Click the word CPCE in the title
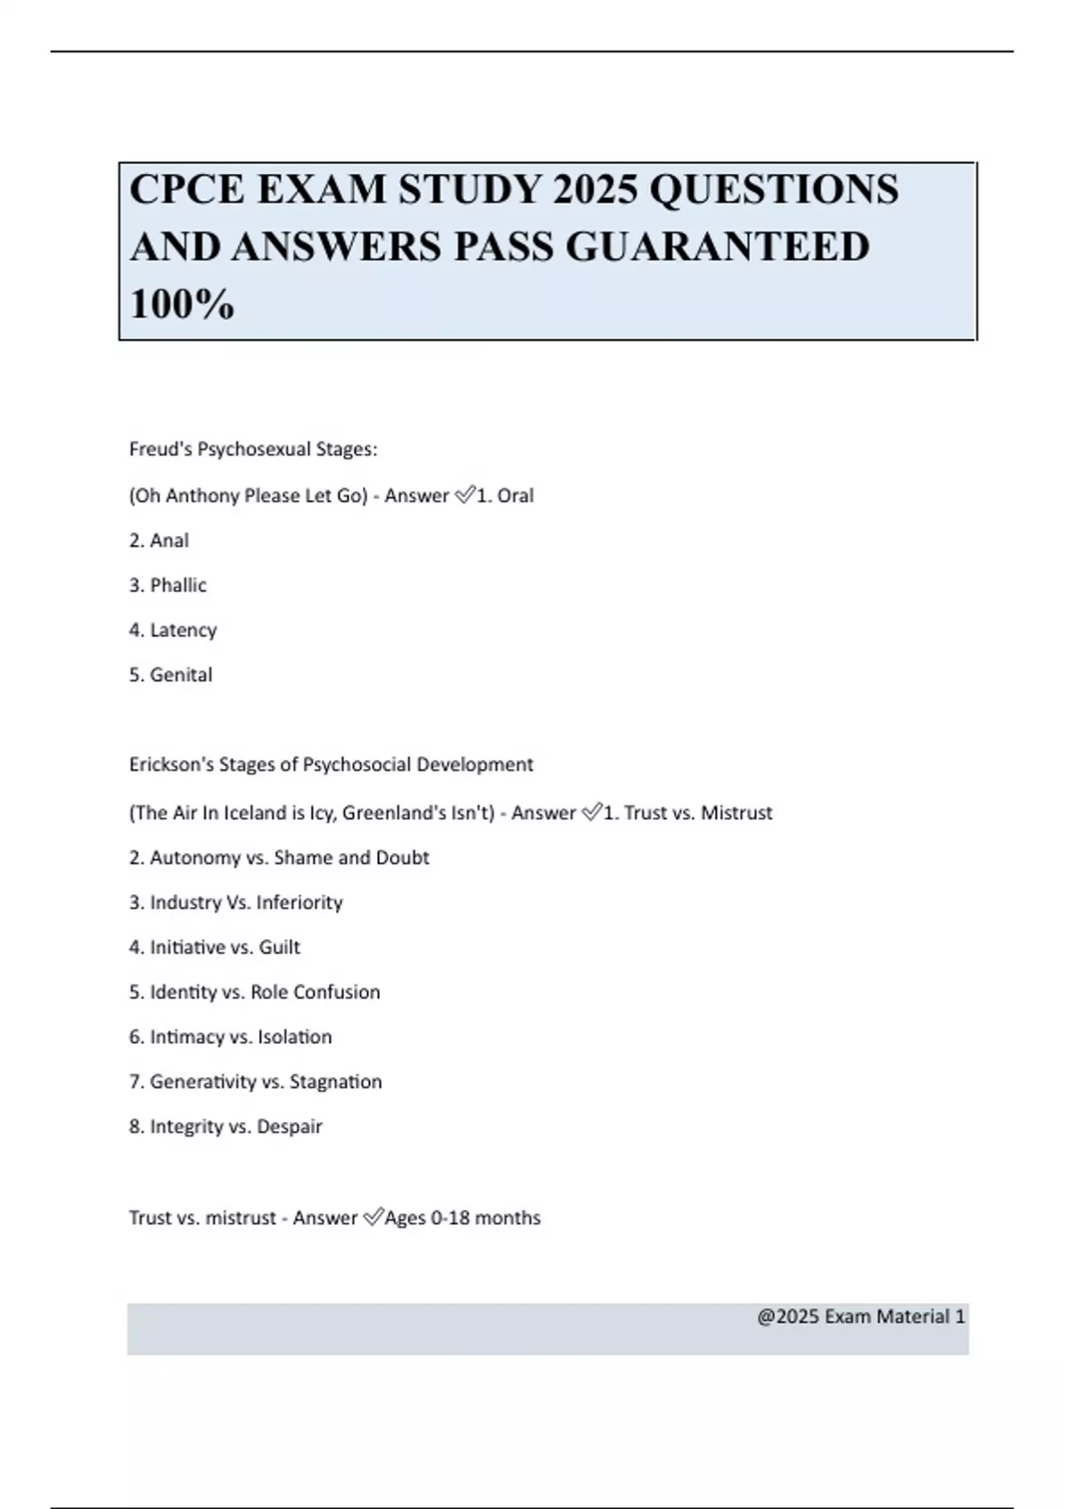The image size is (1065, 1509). tap(187, 190)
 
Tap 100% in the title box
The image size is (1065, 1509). tap(182, 304)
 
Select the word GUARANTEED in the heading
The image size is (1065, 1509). tap(717, 247)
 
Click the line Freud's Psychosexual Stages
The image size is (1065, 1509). tap(253, 450)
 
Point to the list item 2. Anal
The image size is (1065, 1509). tap(159, 541)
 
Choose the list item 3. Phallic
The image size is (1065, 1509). tap(168, 585)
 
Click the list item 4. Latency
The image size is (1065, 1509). tap(173, 630)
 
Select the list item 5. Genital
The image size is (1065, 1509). tap(170, 675)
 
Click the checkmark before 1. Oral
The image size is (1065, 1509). tap(465, 495)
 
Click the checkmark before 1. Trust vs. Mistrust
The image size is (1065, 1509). tap(592, 813)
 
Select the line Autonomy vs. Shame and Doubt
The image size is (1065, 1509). tap(279, 857)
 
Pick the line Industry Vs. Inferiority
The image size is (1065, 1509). tap(236, 903)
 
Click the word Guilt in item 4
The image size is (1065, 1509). tap(280, 947)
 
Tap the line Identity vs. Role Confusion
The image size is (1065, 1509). tap(255, 992)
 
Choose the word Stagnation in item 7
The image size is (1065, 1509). tap(335, 1082)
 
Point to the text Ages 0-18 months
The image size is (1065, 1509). tap(462, 1218)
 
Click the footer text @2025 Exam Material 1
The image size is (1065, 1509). tap(861, 1316)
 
